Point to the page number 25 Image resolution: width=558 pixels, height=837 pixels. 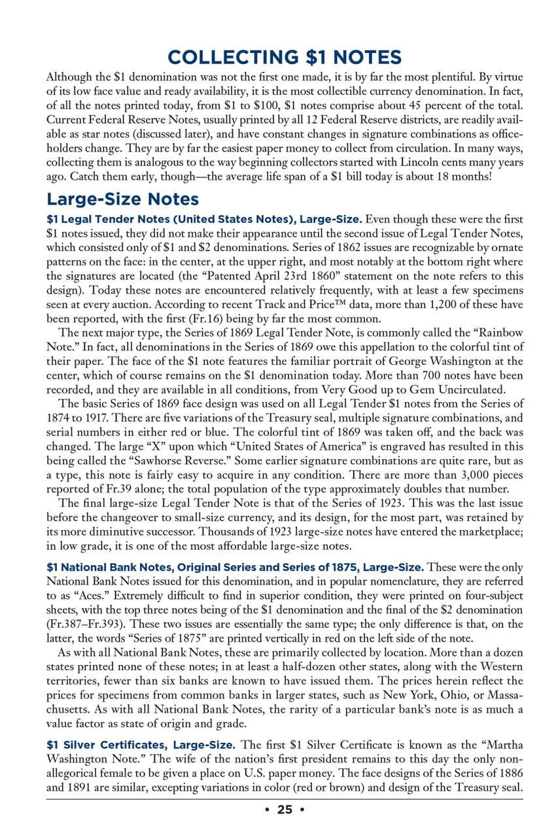(x=285, y=810)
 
